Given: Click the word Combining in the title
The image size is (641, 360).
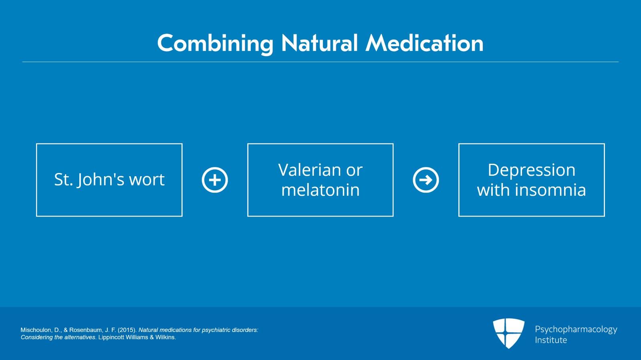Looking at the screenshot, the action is (215, 44).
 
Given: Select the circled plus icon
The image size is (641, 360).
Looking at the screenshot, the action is (215, 180).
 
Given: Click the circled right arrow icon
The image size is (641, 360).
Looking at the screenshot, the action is (426, 180).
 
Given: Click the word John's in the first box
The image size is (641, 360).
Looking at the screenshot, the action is (100, 179).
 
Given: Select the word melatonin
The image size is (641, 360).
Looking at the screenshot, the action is (320, 190).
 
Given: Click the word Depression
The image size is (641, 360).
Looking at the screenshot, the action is (531, 171).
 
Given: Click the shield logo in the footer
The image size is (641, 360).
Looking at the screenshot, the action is (508, 333).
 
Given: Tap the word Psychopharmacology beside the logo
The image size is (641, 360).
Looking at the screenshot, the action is (576, 330).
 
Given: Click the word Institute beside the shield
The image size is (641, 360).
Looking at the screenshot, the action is (551, 340).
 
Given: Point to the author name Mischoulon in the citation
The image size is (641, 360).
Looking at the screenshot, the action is (36, 330).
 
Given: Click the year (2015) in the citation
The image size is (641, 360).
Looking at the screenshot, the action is (127, 330).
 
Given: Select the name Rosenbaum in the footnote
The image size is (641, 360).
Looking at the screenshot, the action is (85, 330).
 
